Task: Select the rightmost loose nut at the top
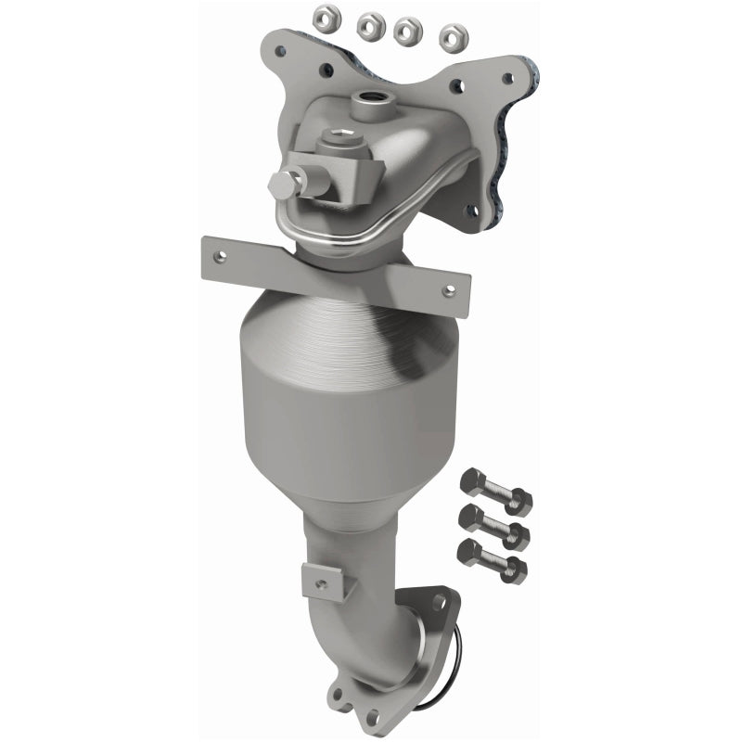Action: (453, 37)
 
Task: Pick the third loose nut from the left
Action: (408, 31)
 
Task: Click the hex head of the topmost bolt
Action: (470, 483)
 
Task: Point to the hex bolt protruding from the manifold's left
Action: (283, 186)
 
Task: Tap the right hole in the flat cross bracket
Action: (449, 290)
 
